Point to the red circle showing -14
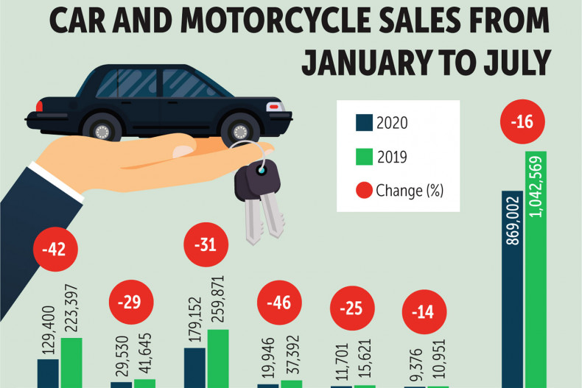coord(422,311)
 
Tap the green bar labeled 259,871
coord(218,359)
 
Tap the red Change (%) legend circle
coord(364,191)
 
